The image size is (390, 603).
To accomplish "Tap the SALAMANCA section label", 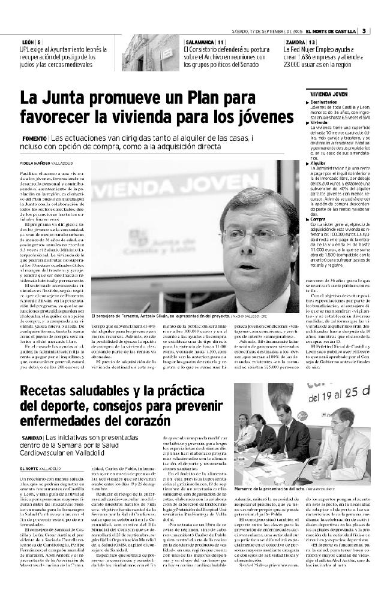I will [200, 41].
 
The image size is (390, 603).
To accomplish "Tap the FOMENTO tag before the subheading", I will [35, 138].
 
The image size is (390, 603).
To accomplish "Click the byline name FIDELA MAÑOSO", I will [35, 162].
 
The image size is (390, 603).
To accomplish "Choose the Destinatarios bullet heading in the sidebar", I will [326, 103].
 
